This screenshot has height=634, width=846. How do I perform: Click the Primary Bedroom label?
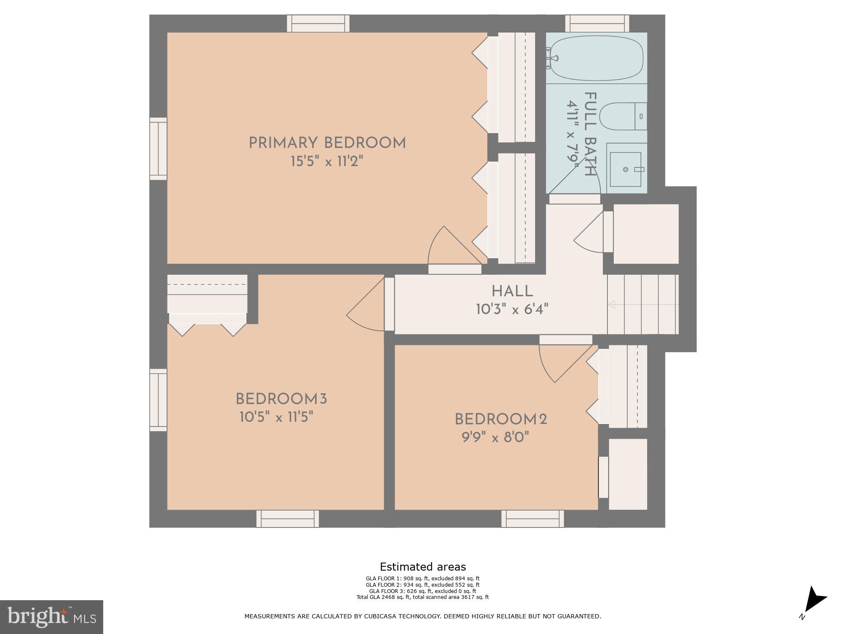tap(327, 143)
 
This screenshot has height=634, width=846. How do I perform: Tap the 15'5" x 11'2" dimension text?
tap(327, 161)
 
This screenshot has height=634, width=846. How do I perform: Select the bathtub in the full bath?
tap(595, 58)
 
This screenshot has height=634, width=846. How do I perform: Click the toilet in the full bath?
tap(622, 116)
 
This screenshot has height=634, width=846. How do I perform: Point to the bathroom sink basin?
tap(626, 169)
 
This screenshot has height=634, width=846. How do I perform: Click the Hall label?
tap(512, 291)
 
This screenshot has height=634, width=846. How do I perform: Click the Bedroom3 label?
tap(281, 399)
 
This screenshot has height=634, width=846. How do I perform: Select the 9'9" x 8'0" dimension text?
tap(495, 437)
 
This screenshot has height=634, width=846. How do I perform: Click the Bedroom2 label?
tap(501, 420)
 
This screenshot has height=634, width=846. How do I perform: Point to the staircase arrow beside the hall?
tap(611, 304)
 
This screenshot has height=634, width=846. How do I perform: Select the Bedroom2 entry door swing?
tap(563, 361)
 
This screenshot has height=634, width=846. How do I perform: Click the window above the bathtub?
tap(597, 23)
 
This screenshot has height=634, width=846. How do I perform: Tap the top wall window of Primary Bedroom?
tap(318, 23)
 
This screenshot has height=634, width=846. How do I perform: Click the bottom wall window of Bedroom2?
tap(533, 519)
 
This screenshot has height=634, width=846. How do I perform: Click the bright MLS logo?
tap(51, 617)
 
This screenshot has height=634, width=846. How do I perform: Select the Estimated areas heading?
tap(423, 567)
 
